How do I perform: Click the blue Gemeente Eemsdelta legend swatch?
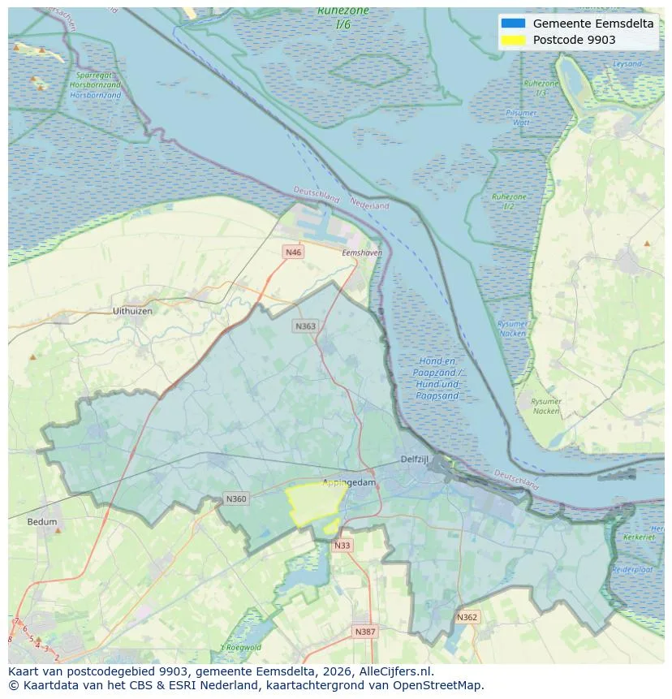[514, 24]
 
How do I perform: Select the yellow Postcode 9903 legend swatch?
[514, 40]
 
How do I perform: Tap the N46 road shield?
[293, 252]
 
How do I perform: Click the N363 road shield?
[305, 326]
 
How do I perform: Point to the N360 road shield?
[236, 498]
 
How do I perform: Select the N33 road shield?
[342, 546]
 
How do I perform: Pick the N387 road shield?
[364, 631]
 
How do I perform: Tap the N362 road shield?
[467, 617]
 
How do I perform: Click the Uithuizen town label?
[132, 311]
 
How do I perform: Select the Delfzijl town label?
[414, 460]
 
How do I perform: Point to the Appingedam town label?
[349, 482]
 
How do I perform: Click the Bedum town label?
[42, 521]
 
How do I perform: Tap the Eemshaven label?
[361, 253]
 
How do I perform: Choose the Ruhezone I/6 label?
[343, 18]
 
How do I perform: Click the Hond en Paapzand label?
[436, 378]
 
